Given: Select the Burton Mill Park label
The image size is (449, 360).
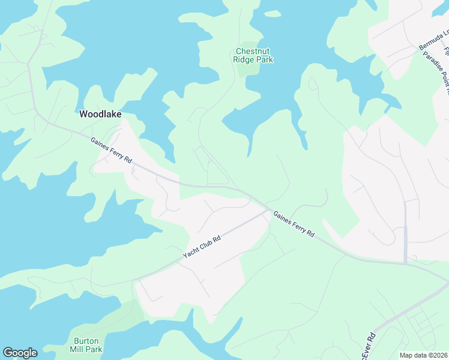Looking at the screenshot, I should tap(88, 344).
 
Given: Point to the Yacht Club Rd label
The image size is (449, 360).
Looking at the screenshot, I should tap(202, 247).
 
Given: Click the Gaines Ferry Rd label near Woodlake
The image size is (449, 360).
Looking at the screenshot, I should tap(111, 150).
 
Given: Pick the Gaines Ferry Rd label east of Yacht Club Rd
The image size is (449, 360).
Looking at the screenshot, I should tap(294, 224).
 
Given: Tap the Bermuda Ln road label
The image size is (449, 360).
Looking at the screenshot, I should tap(433, 39).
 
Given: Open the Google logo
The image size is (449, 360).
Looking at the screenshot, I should tap(20, 353).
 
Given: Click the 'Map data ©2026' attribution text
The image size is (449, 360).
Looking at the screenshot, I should tap(424, 355).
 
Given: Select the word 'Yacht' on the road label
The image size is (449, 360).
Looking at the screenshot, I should tap(190, 254).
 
